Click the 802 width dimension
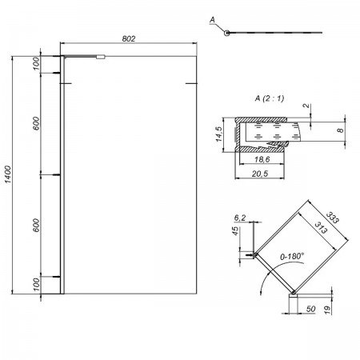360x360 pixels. (x=129, y=39)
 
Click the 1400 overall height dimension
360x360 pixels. (x=8, y=174)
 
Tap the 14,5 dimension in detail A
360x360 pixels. (x=218, y=134)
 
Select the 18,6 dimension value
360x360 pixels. (x=262, y=159)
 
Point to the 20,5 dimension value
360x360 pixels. (x=260, y=174)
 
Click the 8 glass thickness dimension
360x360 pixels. (x=341, y=130)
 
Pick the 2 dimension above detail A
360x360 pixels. (x=307, y=106)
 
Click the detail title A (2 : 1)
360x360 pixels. (x=270, y=98)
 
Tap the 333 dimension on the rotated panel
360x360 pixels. (x=333, y=218)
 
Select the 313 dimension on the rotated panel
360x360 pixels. (x=321, y=227)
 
